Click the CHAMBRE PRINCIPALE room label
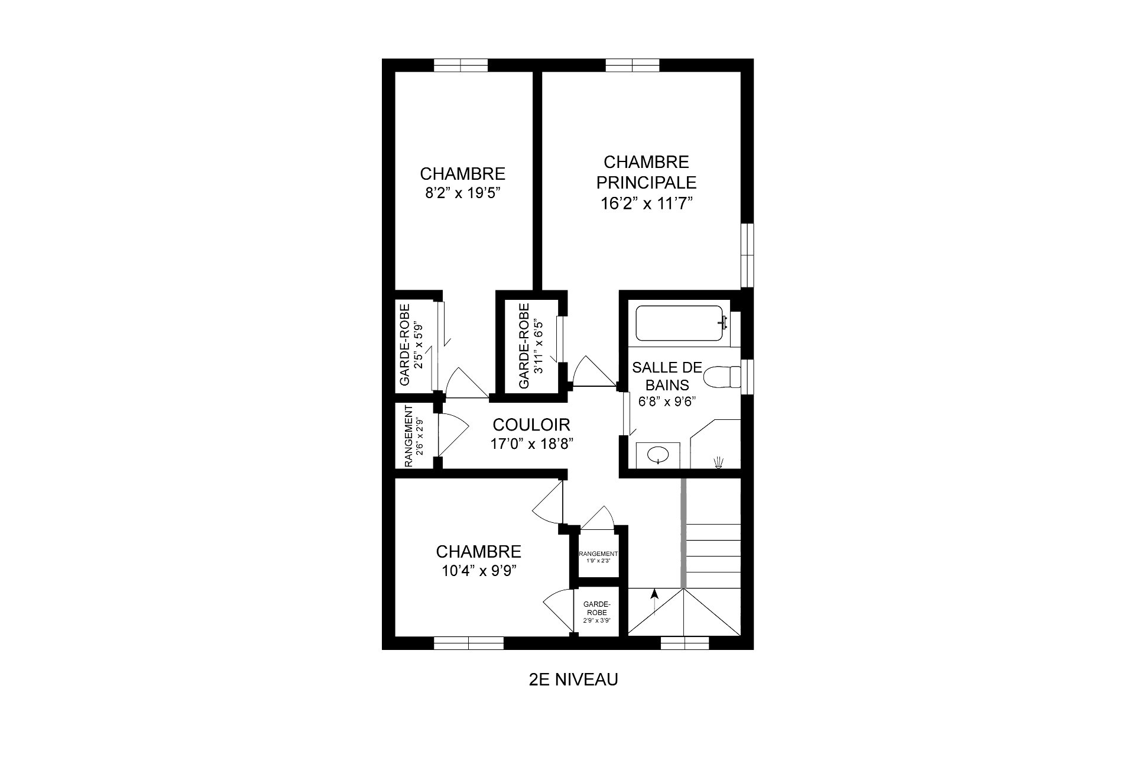click(x=646, y=172)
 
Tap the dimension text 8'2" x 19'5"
click(x=463, y=193)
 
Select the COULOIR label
click(x=531, y=425)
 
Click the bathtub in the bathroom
click(x=679, y=323)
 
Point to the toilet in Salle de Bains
click(x=723, y=376)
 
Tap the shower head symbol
click(x=719, y=462)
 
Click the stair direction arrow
click(x=654, y=602)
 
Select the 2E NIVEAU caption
click(x=573, y=680)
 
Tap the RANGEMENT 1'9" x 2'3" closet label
click(x=598, y=557)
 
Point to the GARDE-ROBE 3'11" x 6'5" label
click(x=530, y=346)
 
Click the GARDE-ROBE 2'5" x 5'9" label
click(x=411, y=345)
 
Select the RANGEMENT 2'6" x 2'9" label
click(x=414, y=436)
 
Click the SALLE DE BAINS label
click(x=667, y=376)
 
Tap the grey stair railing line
click(x=683, y=532)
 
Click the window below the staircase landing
click(x=684, y=643)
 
